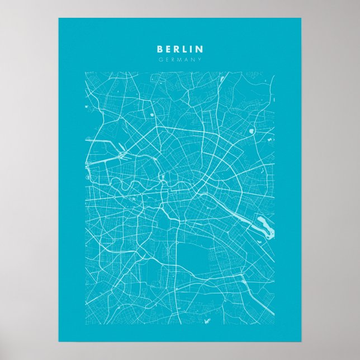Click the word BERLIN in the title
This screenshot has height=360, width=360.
coord(180,49)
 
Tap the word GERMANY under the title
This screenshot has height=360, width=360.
coord(180,59)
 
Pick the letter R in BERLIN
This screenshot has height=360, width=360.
coord(176,49)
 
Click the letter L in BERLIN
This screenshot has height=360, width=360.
coord(184,49)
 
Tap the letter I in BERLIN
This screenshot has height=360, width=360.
coord(191,49)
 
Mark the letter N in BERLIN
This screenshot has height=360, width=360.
coord(199,49)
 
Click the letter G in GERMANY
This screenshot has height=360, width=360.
coord(160,59)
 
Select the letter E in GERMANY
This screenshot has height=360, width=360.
coord(167,59)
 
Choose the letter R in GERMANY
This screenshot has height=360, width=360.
coord(173,59)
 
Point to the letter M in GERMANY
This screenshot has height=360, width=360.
coord(179,59)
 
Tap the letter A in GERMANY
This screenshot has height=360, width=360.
coord(187,59)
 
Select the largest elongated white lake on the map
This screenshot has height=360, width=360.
coord(262,226)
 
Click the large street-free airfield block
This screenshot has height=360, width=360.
coord(194,257)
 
